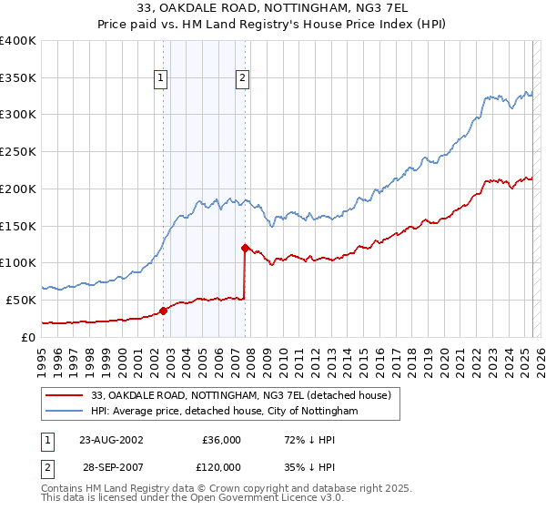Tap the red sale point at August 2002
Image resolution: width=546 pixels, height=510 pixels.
click(164, 310)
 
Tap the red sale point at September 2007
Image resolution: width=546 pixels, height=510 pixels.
click(245, 247)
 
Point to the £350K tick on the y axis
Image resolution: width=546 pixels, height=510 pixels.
click(18, 77)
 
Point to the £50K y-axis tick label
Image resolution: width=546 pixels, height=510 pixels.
click(21, 300)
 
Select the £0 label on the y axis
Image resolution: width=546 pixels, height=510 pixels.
click(29, 337)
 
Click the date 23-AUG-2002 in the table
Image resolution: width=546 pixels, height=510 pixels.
click(110, 439)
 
